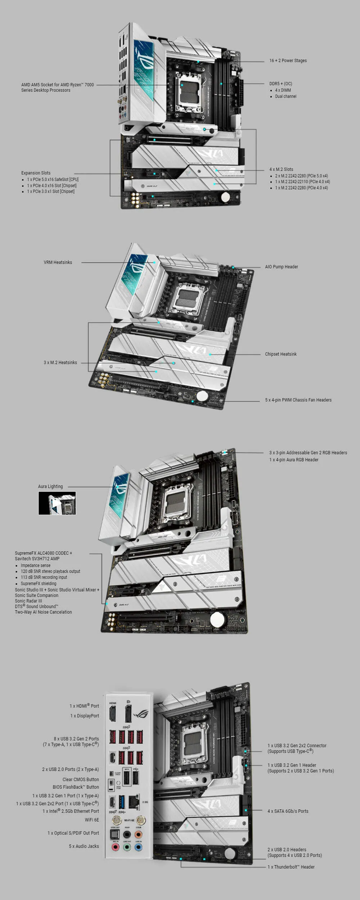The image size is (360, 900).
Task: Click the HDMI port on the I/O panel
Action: [112, 713]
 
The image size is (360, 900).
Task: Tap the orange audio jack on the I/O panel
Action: [138, 834]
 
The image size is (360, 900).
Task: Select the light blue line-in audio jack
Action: [138, 847]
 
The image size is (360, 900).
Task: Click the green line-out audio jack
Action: [127, 847]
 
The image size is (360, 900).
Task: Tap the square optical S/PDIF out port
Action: [115, 834]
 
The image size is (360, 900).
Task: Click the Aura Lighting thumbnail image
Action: [57, 503]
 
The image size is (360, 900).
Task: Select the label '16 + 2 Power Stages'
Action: [288, 60]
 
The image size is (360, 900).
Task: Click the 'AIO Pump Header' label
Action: [282, 267]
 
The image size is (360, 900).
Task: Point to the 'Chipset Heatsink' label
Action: [281, 354]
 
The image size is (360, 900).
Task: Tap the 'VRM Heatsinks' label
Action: [58, 262]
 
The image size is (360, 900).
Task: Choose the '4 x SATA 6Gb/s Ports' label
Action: [288, 811]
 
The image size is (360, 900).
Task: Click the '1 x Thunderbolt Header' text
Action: [291, 867]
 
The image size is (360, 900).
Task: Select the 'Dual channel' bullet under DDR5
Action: [285, 96]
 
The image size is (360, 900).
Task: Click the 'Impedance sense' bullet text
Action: [36, 565]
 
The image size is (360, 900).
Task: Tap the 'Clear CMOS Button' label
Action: [81, 779]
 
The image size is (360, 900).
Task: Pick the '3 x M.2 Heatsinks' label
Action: [60, 363]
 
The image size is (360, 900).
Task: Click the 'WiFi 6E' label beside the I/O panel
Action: [92, 820]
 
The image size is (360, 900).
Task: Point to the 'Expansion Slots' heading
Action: [36, 173]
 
